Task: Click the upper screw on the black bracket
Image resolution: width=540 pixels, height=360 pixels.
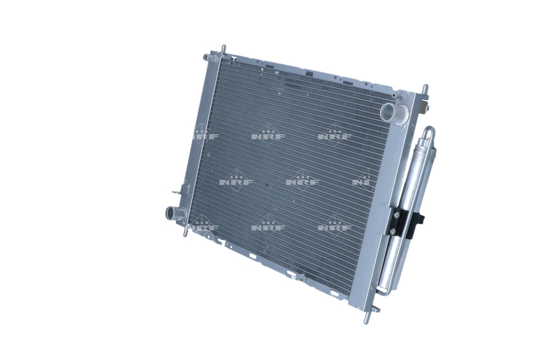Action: coord(396,216)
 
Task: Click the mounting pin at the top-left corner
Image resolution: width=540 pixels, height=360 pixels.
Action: coord(224,49)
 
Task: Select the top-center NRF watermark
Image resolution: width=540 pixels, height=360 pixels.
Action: coord(268,136)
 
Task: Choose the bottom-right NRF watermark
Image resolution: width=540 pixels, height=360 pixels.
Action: coord(335,227)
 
